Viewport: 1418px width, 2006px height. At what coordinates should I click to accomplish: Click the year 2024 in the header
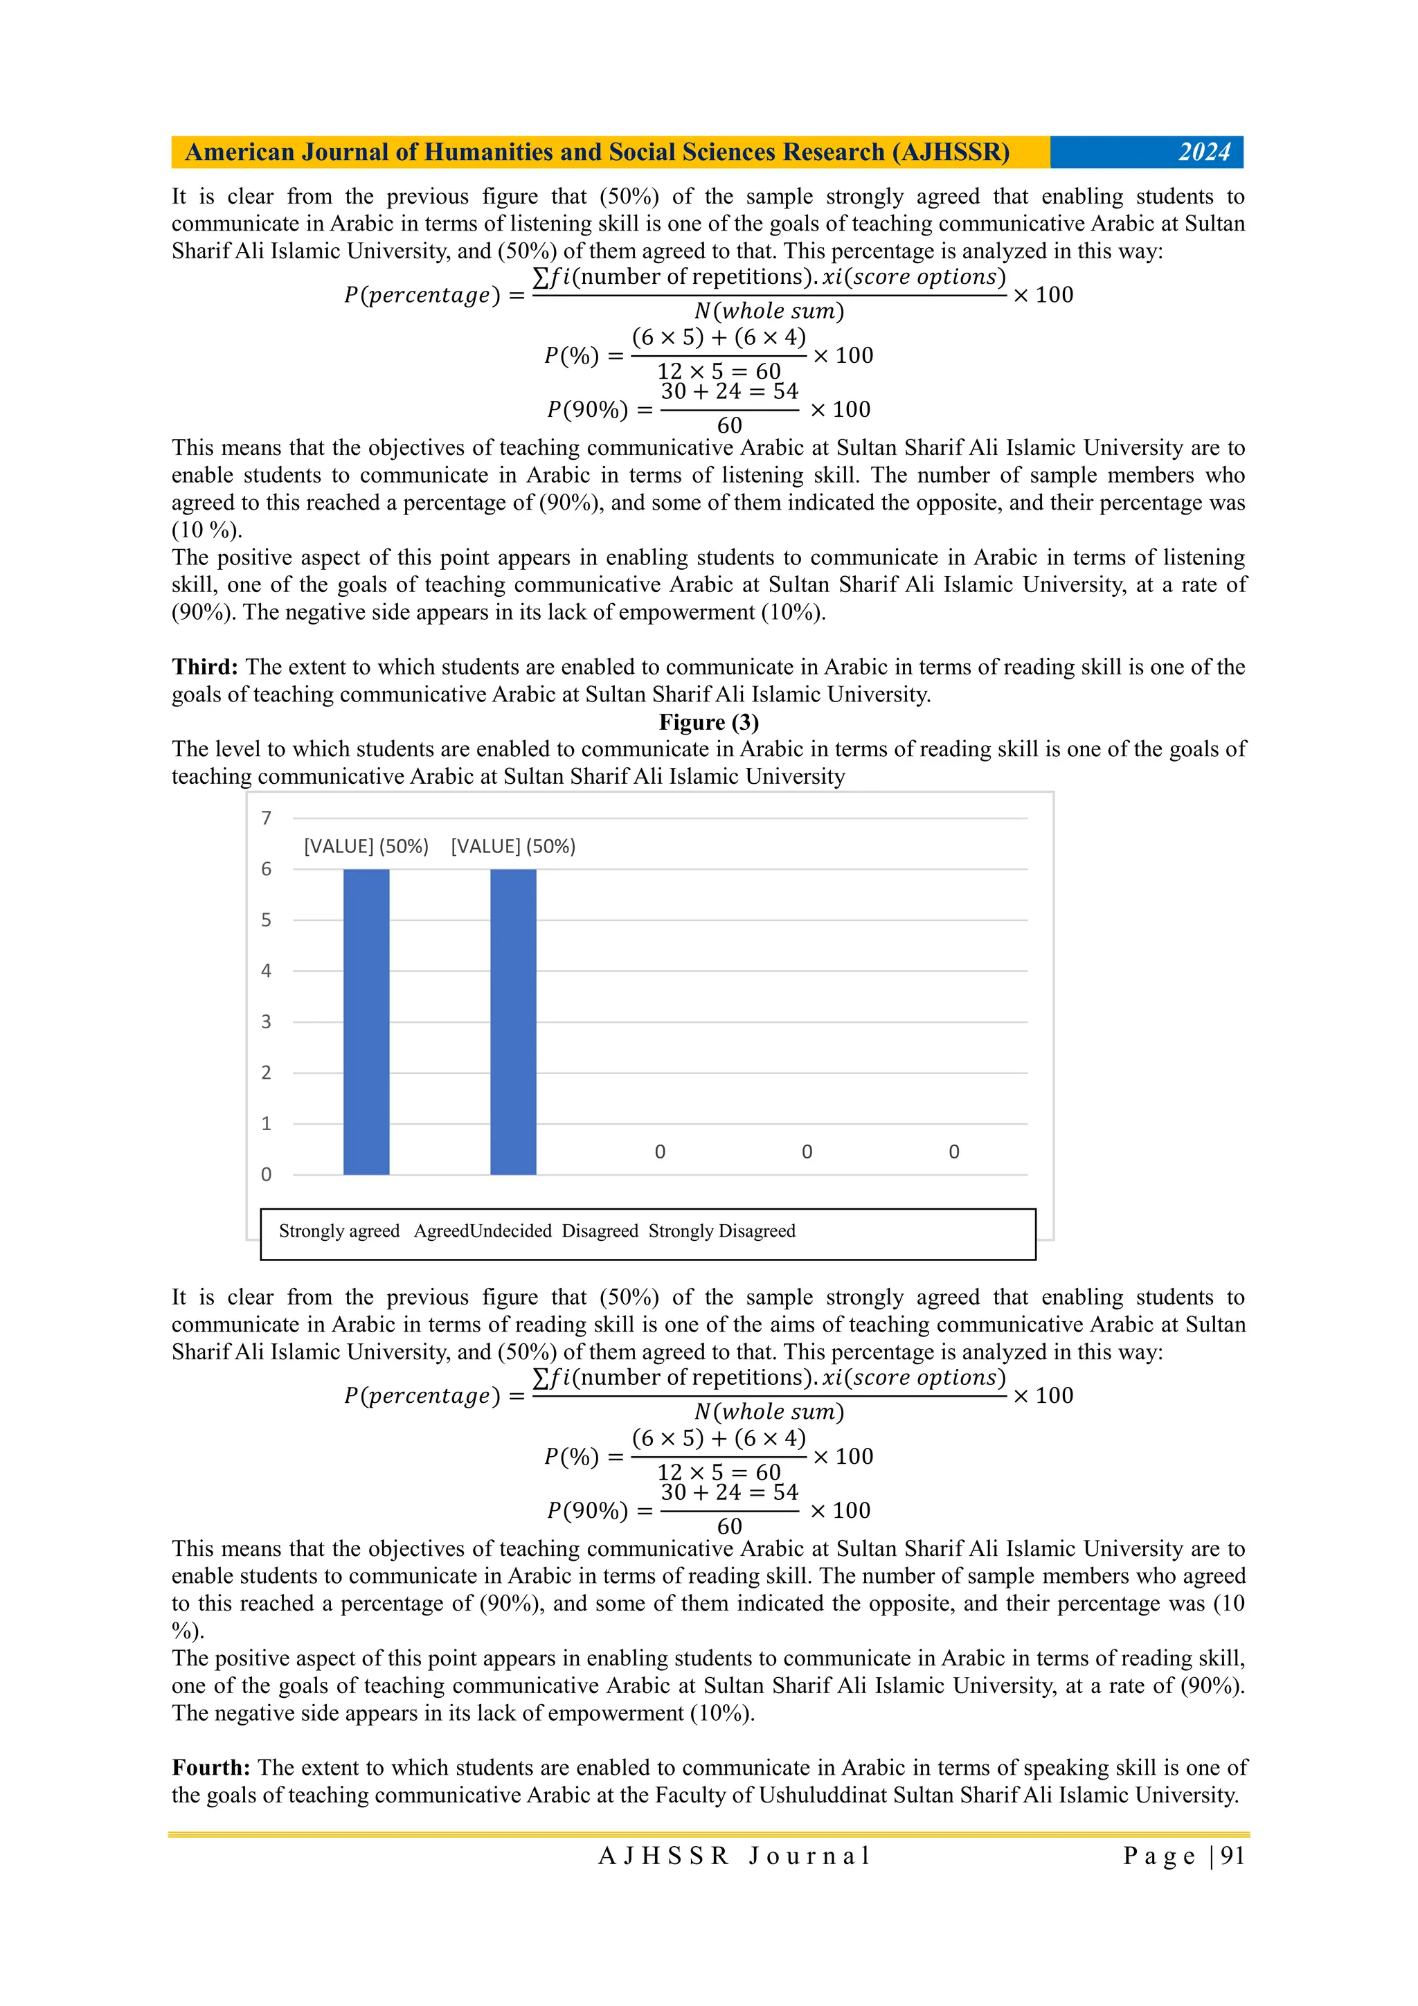[x=1203, y=152]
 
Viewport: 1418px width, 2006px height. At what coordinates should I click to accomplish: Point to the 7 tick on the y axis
[x=267, y=818]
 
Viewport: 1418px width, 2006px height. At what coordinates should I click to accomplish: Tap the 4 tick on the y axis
[x=267, y=971]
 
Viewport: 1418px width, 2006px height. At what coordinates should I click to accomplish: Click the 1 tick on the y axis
[x=267, y=1124]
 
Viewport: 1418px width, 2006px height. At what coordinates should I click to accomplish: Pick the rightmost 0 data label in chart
[x=953, y=1152]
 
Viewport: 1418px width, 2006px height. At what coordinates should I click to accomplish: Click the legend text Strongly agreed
[x=339, y=1231]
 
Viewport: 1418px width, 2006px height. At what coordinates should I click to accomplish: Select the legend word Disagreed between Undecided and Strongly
[x=600, y=1231]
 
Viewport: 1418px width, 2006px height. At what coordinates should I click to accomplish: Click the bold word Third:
[x=204, y=667]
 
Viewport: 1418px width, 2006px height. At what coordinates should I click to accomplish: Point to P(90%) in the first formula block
[x=587, y=410]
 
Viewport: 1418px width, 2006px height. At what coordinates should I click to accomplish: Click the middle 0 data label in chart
[x=807, y=1152]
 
